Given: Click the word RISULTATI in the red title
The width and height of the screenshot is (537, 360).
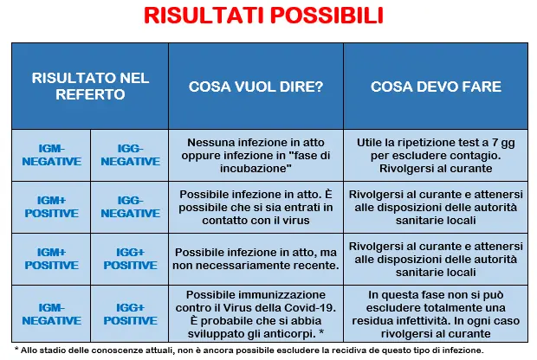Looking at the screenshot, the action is click(x=204, y=15).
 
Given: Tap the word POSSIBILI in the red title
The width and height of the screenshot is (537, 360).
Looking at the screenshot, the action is click(x=327, y=15).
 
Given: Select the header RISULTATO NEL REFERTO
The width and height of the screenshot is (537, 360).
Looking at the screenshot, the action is click(x=90, y=87).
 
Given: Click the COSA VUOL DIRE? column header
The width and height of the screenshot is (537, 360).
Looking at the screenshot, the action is click(x=256, y=87).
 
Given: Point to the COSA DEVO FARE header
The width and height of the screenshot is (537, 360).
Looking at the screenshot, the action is click(x=436, y=87).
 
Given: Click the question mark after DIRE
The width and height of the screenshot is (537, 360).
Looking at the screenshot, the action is click(x=320, y=87).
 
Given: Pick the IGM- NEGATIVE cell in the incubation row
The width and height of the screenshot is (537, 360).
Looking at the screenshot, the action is click(x=52, y=155).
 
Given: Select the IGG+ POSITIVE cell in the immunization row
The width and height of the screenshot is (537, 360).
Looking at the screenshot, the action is click(x=131, y=314).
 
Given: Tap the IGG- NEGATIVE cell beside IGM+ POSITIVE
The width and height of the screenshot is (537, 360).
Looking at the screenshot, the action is click(x=131, y=207).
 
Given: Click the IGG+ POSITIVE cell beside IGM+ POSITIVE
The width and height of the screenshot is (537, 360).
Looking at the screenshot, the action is click(x=131, y=259).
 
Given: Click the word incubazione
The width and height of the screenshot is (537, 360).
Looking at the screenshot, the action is click(x=254, y=169).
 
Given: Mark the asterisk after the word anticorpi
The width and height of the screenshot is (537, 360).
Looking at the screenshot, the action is click(x=320, y=332).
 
